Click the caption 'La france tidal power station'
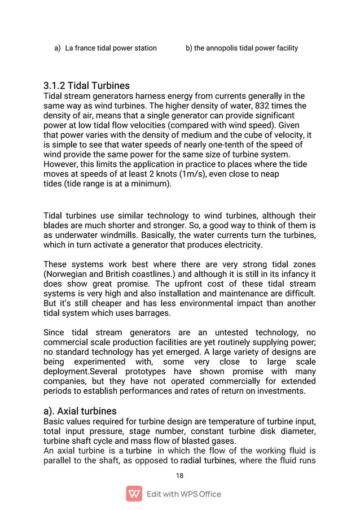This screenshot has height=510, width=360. pyautogui.click(x=111, y=48)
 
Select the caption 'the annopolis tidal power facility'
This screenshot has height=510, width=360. pyautogui.click(x=245, y=48)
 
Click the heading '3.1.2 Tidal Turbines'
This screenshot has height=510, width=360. pyautogui.click(x=86, y=86)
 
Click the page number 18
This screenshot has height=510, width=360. pyautogui.click(x=180, y=476)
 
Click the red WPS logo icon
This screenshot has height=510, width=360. pyautogui.click(x=134, y=494)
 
